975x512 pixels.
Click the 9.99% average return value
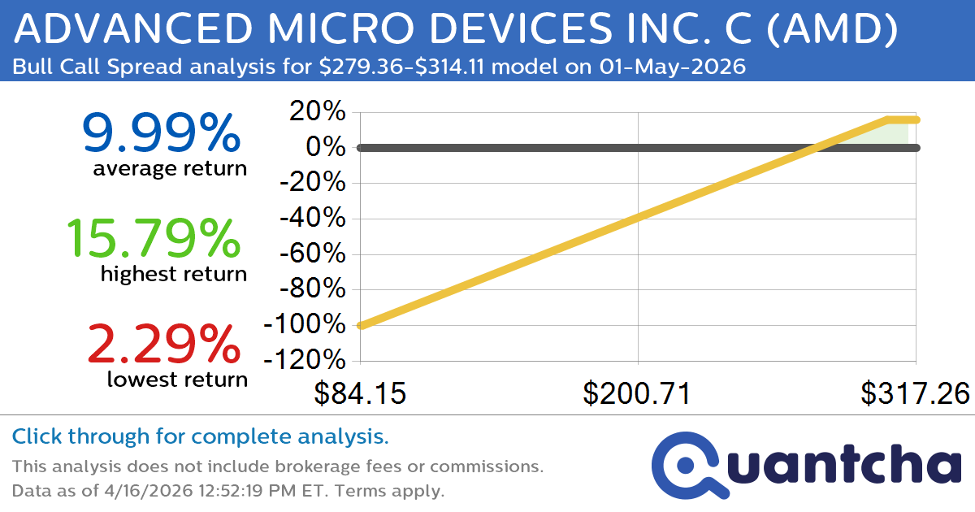tap(161, 133)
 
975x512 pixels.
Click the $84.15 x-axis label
tap(360, 393)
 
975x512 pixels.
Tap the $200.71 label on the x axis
tap(638, 393)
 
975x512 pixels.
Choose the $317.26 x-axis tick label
tap(916, 393)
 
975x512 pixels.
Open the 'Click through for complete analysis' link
tap(200, 437)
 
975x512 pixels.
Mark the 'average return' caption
tap(169, 169)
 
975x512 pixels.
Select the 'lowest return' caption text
tap(176, 379)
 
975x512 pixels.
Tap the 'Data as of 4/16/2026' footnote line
tap(227, 491)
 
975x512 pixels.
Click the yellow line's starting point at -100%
tap(361, 325)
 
